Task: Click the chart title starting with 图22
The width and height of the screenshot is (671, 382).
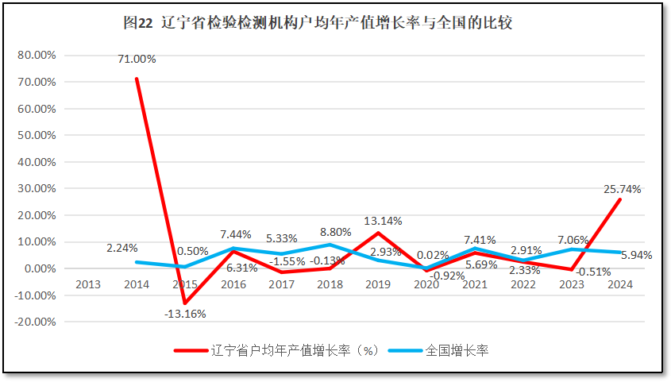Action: tap(318, 23)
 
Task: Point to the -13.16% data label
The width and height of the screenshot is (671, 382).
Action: tap(186, 314)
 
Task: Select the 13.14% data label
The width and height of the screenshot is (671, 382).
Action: tap(382, 221)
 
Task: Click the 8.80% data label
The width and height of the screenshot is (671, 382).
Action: tap(336, 233)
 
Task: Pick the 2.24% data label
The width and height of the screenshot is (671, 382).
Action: tap(122, 248)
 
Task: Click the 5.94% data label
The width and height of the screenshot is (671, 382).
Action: tap(637, 255)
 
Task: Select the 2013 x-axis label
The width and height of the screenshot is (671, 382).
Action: tap(87, 284)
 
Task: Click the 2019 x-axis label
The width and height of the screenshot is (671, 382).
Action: tap(378, 284)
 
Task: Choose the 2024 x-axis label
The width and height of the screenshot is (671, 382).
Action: tap(620, 284)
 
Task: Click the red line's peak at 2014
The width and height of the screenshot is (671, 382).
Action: tap(137, 79)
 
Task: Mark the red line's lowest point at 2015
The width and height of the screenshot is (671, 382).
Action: tap(185, 303)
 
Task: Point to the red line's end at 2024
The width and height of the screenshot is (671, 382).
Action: tap(620, 199)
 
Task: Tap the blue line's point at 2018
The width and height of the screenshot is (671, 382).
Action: tap(330, 245)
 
